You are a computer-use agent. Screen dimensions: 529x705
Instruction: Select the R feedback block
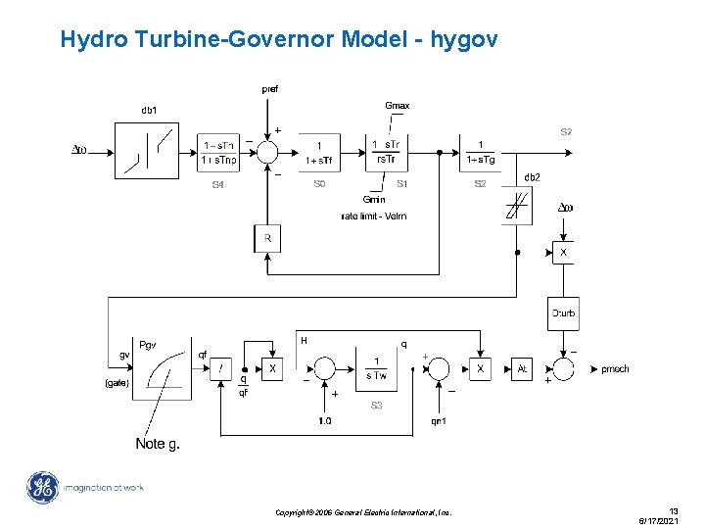267,238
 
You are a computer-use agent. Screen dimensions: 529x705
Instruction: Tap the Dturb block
563,313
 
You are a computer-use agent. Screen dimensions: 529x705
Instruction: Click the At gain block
523,369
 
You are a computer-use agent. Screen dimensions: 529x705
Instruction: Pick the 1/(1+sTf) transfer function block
319,153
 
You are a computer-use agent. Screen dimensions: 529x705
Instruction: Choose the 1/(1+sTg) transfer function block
480,152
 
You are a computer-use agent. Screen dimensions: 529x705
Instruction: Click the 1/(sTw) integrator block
376,368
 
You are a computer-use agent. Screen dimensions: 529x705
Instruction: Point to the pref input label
269,89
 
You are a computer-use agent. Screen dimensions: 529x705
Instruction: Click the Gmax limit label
398,105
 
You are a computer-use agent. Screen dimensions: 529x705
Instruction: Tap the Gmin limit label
374,199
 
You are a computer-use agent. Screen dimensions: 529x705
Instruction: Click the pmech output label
615,369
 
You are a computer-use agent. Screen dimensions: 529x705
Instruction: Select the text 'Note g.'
158,444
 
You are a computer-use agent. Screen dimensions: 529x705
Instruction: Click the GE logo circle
43,488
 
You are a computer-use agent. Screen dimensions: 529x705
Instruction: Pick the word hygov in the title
468,40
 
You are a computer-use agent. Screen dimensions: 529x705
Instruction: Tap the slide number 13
674,510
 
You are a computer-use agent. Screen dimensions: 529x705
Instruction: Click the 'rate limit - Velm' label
374,216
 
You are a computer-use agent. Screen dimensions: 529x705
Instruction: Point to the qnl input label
439,421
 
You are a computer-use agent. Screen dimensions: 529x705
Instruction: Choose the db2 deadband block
517,207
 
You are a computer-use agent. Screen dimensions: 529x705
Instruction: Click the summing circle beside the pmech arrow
563,369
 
